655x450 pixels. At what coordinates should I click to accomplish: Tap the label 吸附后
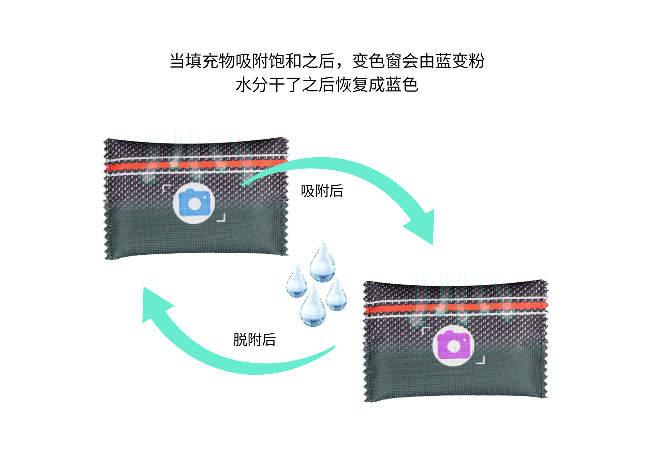click(322, 191)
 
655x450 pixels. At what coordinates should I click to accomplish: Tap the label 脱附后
click(254, 340)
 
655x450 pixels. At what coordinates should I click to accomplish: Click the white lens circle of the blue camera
click(194, 204)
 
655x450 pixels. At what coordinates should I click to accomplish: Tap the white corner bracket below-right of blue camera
click(222, 218)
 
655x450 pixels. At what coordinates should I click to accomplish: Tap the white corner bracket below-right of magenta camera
click(481, 361)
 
